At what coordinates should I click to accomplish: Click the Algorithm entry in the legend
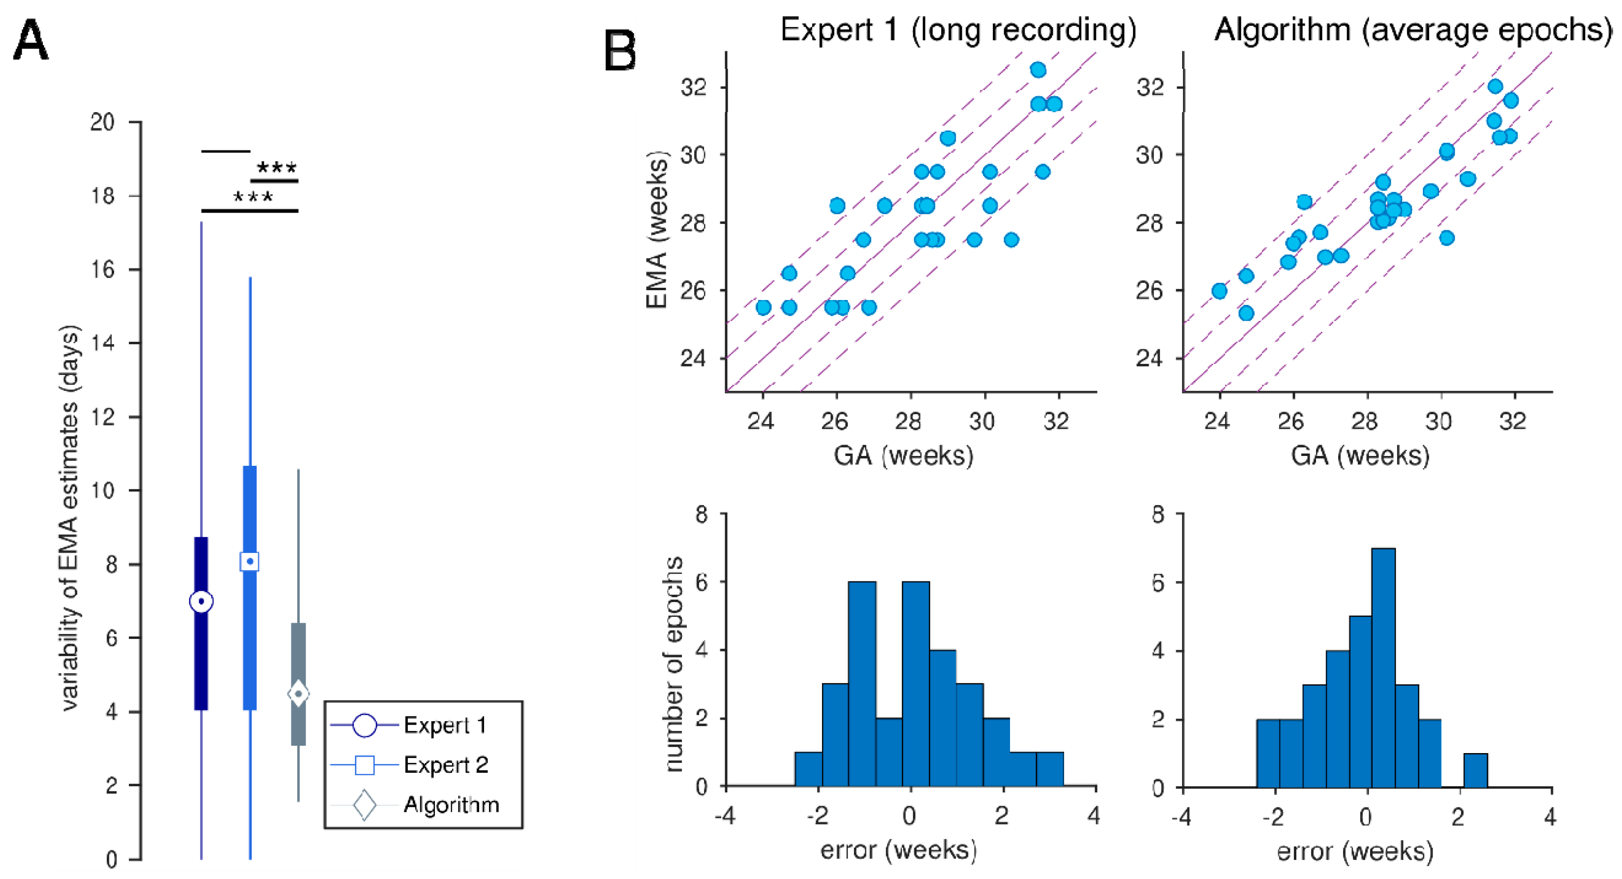(451, 805)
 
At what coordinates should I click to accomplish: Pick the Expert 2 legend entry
(445, 765)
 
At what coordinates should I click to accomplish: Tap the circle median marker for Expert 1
(201, 601)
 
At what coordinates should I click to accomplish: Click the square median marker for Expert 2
(250, 561)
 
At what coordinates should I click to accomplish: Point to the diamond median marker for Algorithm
(299, 694)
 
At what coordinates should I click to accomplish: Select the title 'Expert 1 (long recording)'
(958, 30)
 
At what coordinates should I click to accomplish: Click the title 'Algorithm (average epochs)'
(1412, 30)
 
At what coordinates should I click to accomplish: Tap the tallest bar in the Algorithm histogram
(1383, 667)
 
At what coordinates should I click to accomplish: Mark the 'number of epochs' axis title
(673, 664)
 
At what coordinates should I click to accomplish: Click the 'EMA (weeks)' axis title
(657, 230)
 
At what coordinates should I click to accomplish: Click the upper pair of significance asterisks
(277, 168)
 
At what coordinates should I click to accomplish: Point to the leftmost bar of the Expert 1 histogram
(808, 769)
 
